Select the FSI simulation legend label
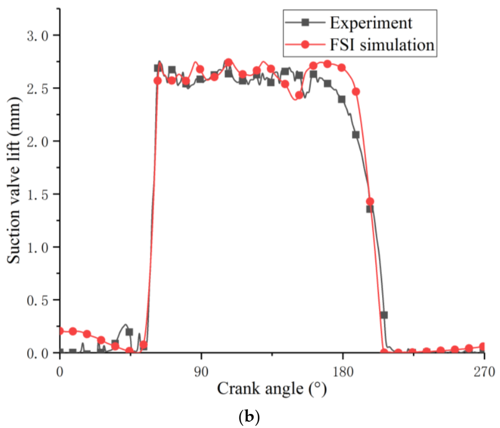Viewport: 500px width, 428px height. click(382, 45)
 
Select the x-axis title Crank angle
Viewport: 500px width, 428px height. click(272, 389)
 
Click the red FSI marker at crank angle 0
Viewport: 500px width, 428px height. click(60, 331)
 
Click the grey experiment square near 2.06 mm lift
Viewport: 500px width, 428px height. click(356, 135)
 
